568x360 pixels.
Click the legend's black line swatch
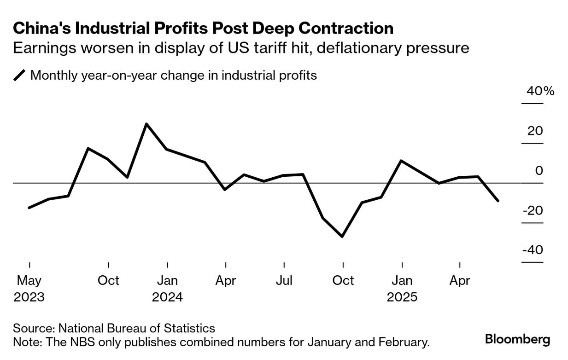[20, 75]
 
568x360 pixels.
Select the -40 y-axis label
[533, 250]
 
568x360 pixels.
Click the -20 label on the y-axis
[533, 210]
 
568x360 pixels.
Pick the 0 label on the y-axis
[539, 171]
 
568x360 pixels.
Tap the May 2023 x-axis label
[29, 289]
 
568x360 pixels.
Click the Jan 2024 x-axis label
[167, 289]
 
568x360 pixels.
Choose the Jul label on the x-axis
[284, 280]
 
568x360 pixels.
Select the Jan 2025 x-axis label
[402, 289]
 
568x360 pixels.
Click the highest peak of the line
[146, 124]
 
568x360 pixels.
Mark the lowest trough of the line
[342, 237]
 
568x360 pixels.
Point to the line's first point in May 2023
[29, 208]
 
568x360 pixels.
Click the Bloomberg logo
[517, 340]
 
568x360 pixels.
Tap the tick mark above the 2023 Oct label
[108, 265]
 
